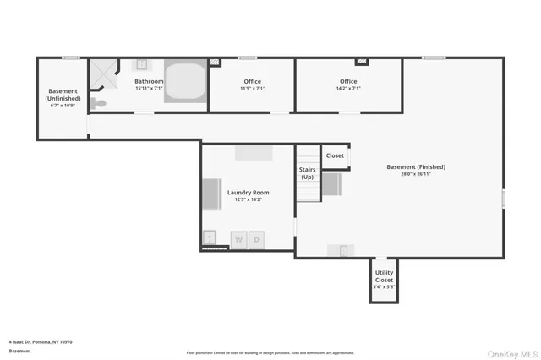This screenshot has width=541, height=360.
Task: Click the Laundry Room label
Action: [247, 193]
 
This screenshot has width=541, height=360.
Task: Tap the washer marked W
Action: [238, 240]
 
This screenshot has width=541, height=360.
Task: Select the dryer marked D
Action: [258, 240]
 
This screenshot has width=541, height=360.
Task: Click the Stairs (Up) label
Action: [307, 173]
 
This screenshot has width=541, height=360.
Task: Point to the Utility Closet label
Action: [383, 277]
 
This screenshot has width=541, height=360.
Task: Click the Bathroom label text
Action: [149, 81]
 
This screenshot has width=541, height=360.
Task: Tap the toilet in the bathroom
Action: [100, 103]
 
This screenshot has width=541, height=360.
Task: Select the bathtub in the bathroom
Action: [184, 82]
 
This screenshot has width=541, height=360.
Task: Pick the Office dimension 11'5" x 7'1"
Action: [252, 88]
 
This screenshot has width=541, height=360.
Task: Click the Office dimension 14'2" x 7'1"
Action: [348, 88]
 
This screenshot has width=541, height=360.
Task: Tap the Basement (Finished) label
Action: [416, 166]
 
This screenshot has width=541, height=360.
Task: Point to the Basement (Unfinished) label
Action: [63, 95]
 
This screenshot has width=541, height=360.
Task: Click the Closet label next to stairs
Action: [335, 155]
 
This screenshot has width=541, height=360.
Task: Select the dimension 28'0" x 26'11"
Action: [416, 174]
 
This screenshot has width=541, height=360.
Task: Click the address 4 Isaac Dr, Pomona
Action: [41, 341]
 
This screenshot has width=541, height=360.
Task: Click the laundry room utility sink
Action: [209, 238]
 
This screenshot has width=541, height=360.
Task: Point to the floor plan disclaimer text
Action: [270, 352]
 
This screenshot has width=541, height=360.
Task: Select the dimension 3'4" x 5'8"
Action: [383, 287]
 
